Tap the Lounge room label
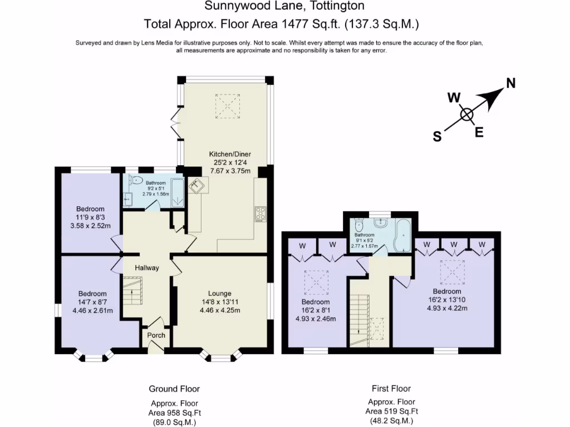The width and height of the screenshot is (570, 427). [220, 294]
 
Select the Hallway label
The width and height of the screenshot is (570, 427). [147, 268]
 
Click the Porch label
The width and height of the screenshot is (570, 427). [156, 335]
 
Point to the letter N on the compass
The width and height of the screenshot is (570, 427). [510, 84]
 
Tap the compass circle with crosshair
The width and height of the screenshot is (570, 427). [466, 115]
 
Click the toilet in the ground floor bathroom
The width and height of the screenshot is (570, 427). [135, 180]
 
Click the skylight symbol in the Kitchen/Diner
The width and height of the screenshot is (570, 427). [227, 106]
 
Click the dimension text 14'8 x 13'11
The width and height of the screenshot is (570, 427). [220, 302]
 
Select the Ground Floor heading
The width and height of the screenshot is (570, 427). [174, 389]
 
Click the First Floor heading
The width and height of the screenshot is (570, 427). [391, 389]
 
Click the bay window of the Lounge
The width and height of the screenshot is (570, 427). [222, 356]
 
